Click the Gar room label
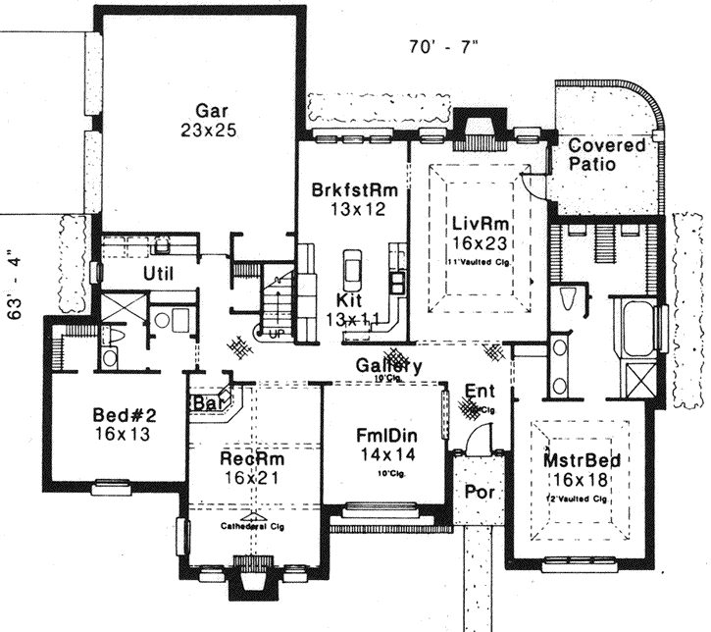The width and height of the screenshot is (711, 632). coord(204,109)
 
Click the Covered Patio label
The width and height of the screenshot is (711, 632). coord(607,155)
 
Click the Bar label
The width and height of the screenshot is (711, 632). coord(206,403)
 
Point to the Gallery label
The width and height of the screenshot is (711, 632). coord(389,365)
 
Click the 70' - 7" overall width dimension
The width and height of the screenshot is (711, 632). coord(442,46)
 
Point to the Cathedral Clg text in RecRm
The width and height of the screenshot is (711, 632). coord(252,524)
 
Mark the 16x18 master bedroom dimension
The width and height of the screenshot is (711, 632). coord(579,480)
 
